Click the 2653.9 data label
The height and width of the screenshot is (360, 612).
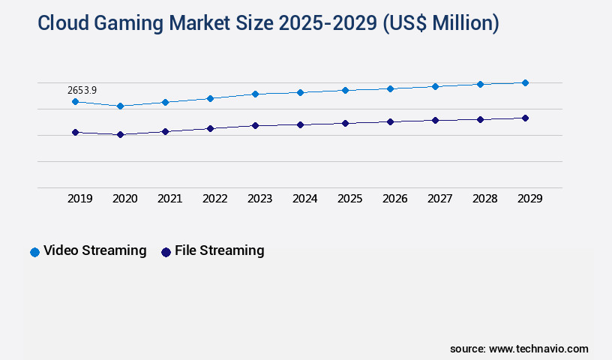[x=82, y=90]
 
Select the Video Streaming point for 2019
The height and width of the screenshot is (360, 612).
[x=75, y=101]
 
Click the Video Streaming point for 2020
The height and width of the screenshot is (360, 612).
[x=120, y=106]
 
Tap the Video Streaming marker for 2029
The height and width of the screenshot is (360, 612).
[x=525, y=82]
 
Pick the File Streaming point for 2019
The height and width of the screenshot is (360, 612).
[x=75, y=132]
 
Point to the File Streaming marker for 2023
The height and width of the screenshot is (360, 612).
[x=255, y=125]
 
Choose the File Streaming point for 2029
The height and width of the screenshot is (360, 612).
[x=525, y=118]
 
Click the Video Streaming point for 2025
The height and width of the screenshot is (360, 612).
[x=345, y=90]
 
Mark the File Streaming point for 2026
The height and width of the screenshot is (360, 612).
[x=390, y=121]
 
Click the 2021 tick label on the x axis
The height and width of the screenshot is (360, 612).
[x=169, y=199]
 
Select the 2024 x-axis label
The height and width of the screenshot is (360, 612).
[x=304, y=199]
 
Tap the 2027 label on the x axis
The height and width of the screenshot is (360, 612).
[x=439, y=199]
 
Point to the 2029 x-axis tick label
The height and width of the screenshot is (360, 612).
[x=529, y=199]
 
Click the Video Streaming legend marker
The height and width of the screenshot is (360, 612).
[x=34, y=252]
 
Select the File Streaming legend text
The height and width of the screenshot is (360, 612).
[x=219, y=250]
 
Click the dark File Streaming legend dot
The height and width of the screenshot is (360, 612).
[x=166, y=252]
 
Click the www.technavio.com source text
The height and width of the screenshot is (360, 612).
[x=538, y=349]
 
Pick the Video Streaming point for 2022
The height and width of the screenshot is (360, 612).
[x=210, y=98]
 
